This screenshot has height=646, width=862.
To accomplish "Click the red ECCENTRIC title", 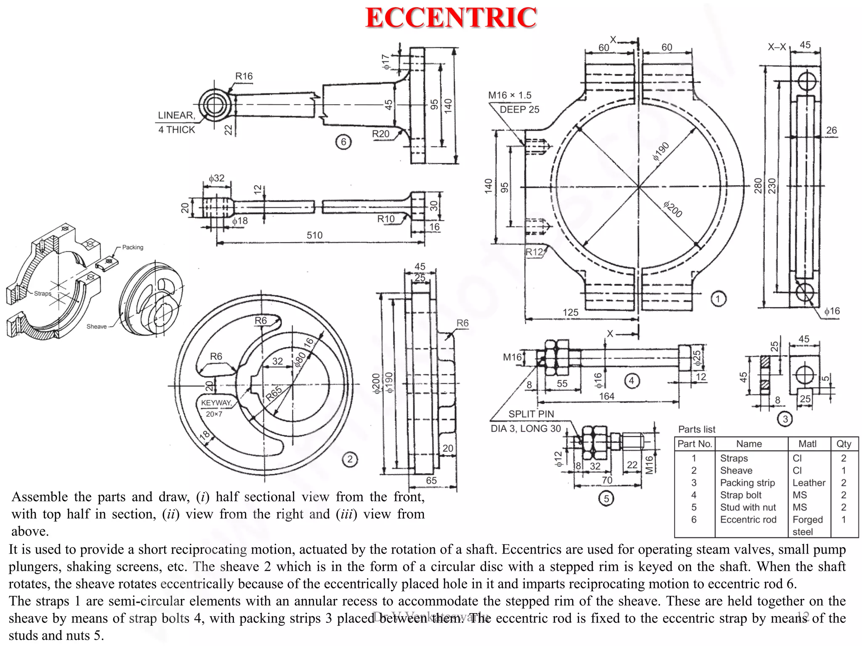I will tap(451, 18).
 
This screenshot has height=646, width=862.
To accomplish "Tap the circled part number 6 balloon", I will tap(343, 142).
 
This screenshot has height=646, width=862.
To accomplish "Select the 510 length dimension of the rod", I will tap(314, 236).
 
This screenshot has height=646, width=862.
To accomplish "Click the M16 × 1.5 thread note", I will tap(510, 95).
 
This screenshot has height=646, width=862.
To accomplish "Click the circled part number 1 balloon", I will tap(718, 299).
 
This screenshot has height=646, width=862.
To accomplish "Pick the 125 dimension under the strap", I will tap(570, 312).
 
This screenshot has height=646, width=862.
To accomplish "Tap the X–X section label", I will tap(777, 47).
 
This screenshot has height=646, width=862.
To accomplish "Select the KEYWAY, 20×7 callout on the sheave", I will tap(216, 408).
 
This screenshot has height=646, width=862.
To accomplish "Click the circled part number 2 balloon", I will tap(350, 459).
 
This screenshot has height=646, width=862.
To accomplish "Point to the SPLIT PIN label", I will tap(531, 414).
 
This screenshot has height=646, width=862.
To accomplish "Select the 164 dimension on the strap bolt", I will tap(607, 396).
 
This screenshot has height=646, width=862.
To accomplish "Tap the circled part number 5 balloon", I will tap(606, 499).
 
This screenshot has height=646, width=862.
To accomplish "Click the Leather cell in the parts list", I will tap(809, 483).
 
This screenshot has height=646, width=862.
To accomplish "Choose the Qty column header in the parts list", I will tap(843, 444).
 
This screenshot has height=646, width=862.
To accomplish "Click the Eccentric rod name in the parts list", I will tap(748, 519).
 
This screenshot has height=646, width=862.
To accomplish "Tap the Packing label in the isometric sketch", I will tap(133, 247).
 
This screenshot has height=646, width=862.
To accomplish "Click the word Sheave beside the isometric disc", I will tap(96, 326).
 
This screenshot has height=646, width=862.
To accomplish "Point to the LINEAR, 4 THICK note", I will tap(176, 122).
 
